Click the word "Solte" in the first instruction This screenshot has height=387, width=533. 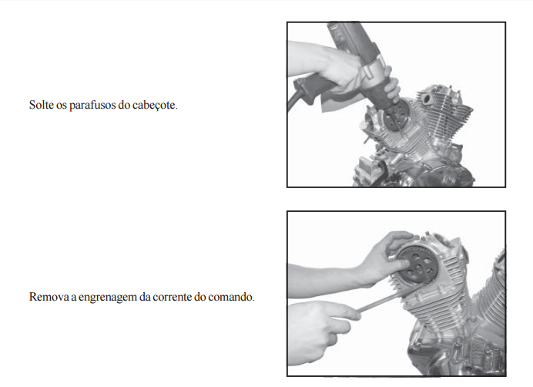(41, 105)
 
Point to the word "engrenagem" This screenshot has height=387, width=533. (107, 297)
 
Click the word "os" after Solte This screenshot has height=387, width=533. (61, 106)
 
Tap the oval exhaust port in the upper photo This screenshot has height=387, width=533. (426, 99)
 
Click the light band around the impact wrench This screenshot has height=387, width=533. (373, 70)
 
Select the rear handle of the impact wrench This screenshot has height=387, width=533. (311, 89)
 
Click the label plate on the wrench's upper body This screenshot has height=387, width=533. (337, 34)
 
